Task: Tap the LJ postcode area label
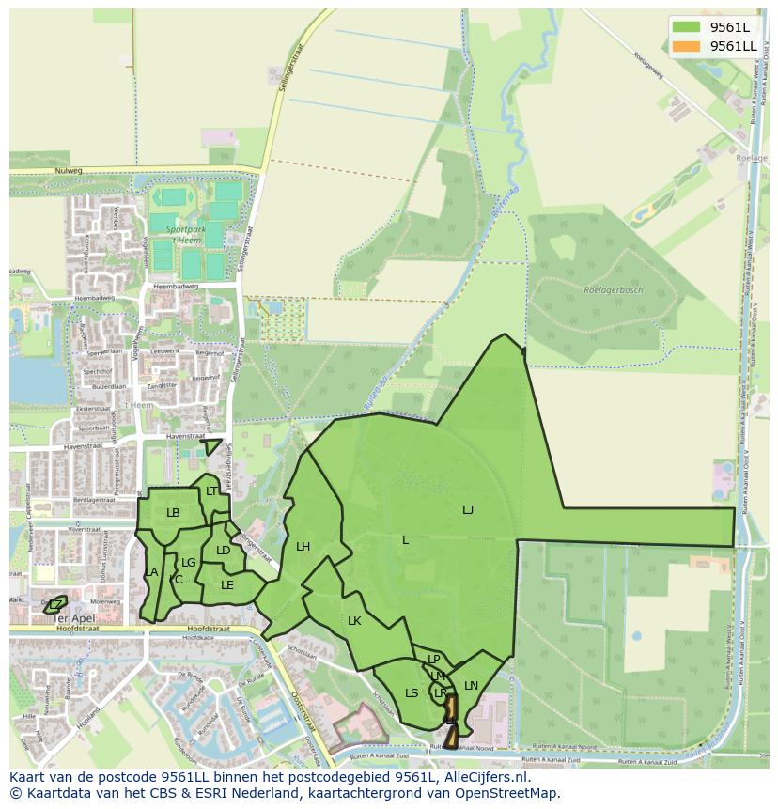tap(468, 510)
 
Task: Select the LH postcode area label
tap(303, 546)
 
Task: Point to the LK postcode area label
tap(354, 620)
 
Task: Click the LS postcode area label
tap(412, 693)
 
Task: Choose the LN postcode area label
tap(471, 685)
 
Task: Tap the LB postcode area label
tap(173, 512)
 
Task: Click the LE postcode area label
tap(226, 584)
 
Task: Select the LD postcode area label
tap(223, 551)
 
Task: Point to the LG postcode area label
tap(188, 563)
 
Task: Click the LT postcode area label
tap(211, 490)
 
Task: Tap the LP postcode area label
tap(433, 660)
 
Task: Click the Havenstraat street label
tap(184, 436)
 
